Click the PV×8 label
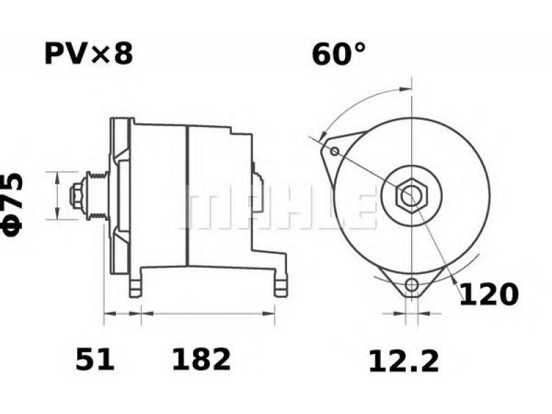[88, 54]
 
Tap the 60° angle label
[338, 54]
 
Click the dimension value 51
[95, 359]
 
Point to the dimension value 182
[201, 359]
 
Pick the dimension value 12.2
[404, 361]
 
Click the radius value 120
[489, 295]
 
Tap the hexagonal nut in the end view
[411, 195]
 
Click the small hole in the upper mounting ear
[335, 152]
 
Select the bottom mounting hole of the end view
[411, 284]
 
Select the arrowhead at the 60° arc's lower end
[322, 137]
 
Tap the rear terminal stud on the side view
[257, 192]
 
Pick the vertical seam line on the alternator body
[187, 196]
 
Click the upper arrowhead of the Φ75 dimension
[57, 178]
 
